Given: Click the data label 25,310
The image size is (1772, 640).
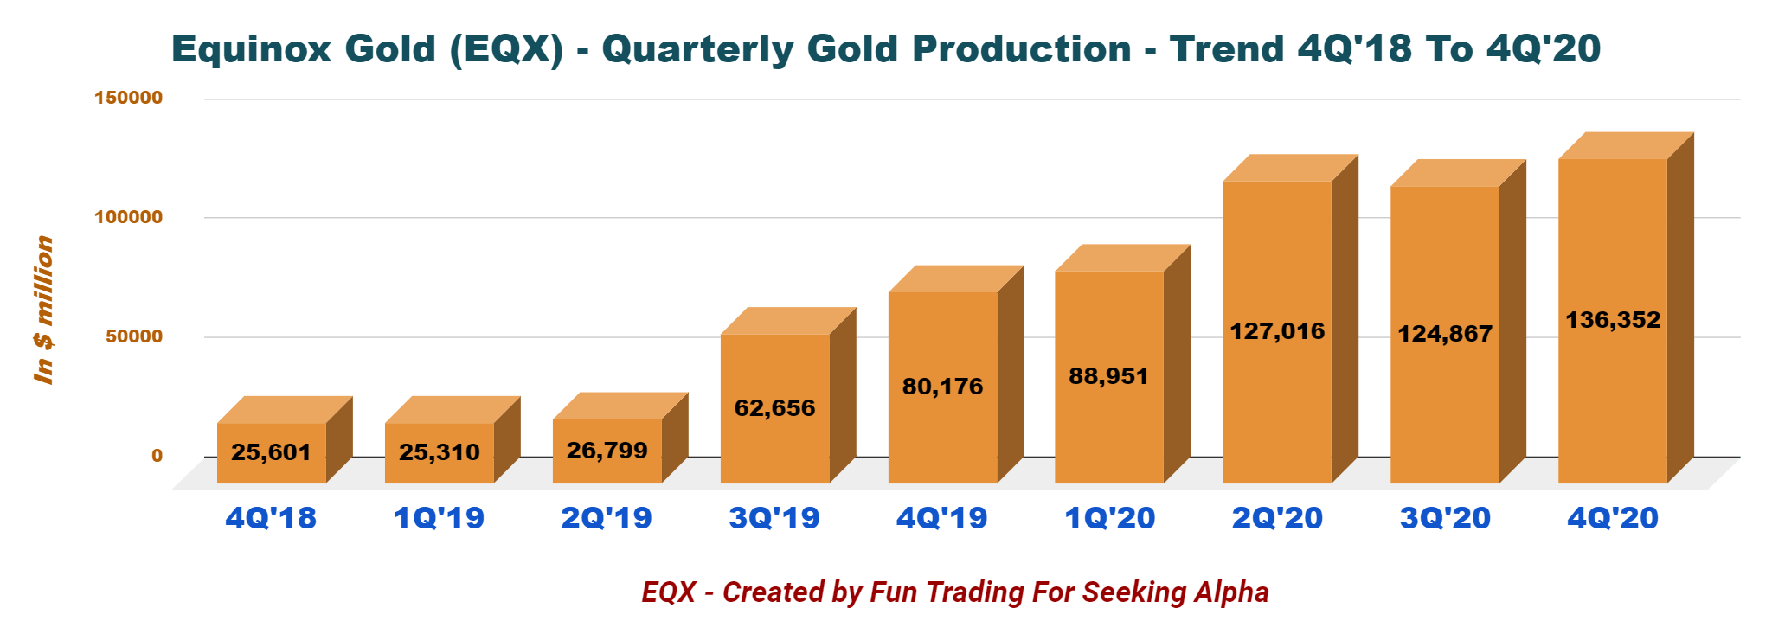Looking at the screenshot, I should coord(439,452).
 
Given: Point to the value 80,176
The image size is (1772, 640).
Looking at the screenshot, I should coord(942,387).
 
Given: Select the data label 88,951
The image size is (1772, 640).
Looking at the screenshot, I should coord(1108,376).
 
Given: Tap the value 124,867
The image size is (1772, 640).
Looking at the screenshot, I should coord(1444,334).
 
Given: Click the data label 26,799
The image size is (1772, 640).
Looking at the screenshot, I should coord(607,451).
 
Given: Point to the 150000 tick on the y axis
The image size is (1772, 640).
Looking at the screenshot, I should coord(128,98).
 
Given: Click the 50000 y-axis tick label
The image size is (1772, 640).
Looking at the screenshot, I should coord(133,336).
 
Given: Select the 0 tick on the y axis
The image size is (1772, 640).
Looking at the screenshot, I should coord(157,456).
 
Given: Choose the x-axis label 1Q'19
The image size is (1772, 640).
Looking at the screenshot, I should coord(439,518).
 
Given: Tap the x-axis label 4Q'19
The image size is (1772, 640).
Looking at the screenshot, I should coord(941,518).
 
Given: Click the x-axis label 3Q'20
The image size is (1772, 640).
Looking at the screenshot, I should coord(1445,518).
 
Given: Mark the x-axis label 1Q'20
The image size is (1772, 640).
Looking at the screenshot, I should coord(1109,518).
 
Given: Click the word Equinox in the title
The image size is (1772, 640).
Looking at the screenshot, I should coord(251,49).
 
